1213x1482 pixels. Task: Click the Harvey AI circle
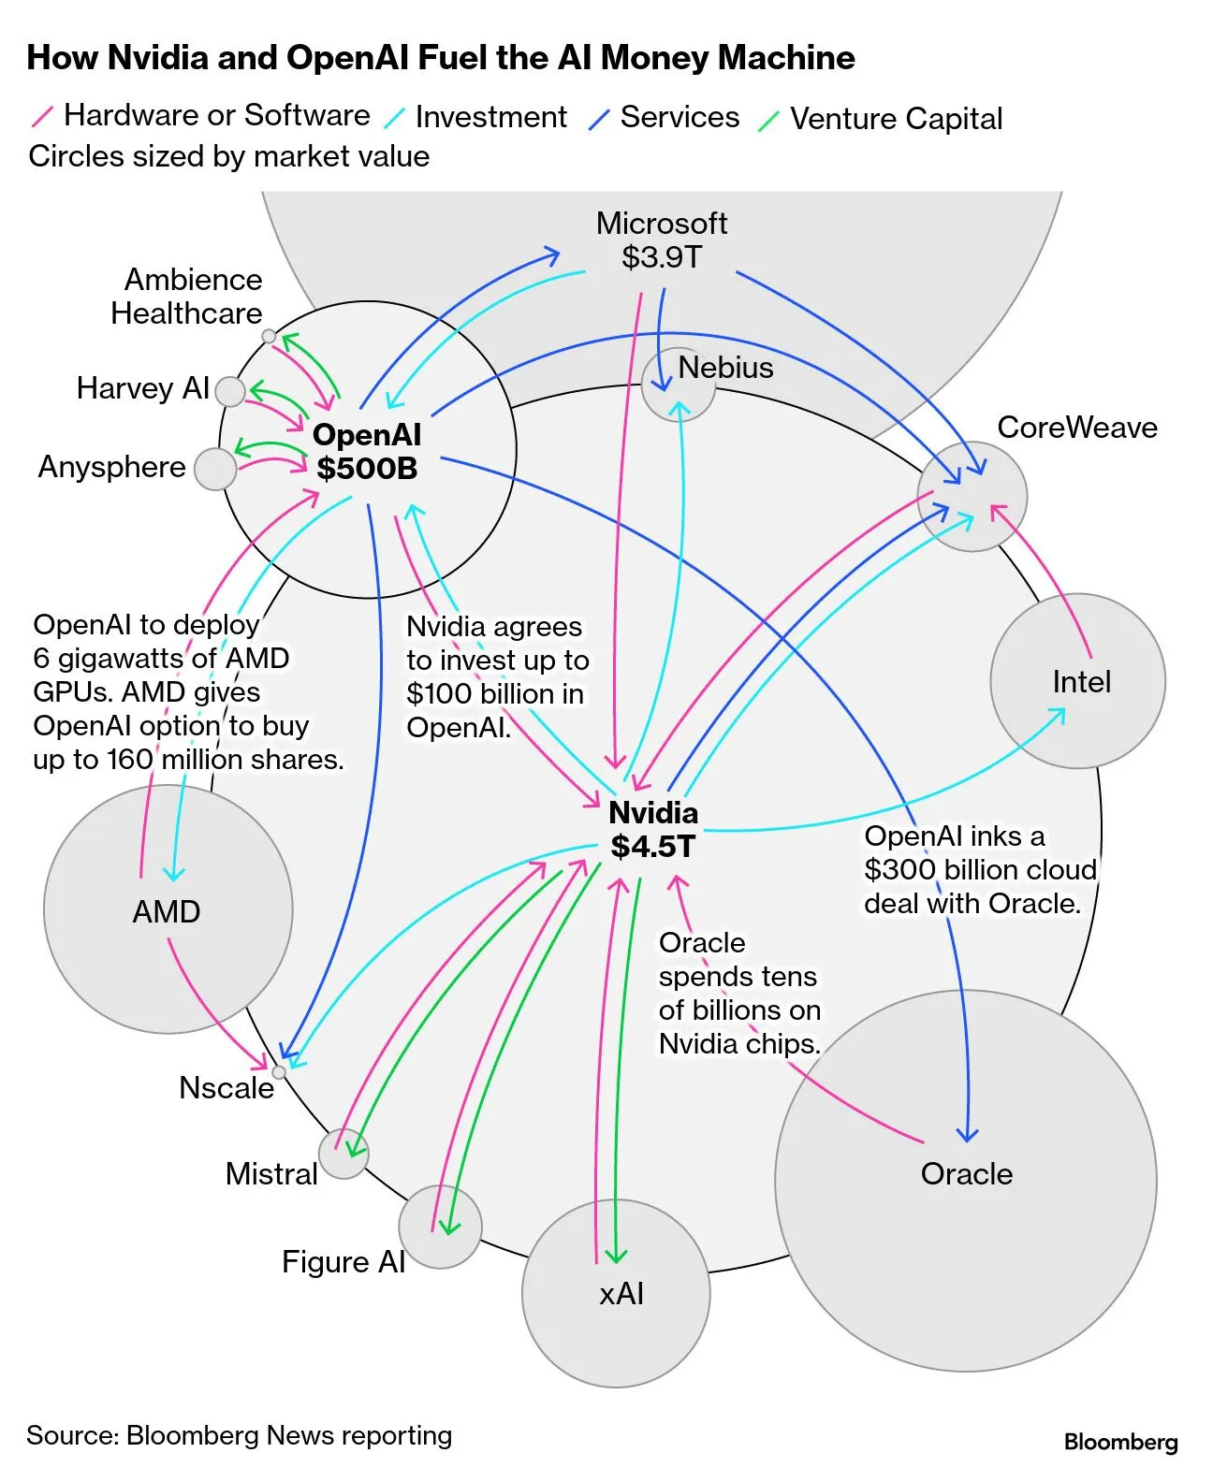coord(229,391)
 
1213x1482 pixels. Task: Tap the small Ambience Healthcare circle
coord(269,336)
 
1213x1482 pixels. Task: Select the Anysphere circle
coord(215,468)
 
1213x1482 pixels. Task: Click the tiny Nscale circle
coord(278,1072)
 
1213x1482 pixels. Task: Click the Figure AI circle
coord(440,1227)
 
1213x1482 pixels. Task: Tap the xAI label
coord(621,1294)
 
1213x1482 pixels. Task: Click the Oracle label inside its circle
coord(966,1174)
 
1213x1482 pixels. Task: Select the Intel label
coord(1081,682)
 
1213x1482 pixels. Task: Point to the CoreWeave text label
coord(1076,428)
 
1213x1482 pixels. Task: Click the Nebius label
coord(725,368)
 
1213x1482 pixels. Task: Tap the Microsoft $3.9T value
coord(661,257)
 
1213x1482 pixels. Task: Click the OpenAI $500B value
coord(367,468)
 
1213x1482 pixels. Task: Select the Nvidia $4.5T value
coord(652,847)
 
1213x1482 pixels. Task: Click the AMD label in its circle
coord(167,912)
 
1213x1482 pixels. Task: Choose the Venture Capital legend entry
coord(895,119)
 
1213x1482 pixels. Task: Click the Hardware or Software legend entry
coord(216,115)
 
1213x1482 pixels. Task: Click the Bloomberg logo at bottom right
coord(1120,1442)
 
